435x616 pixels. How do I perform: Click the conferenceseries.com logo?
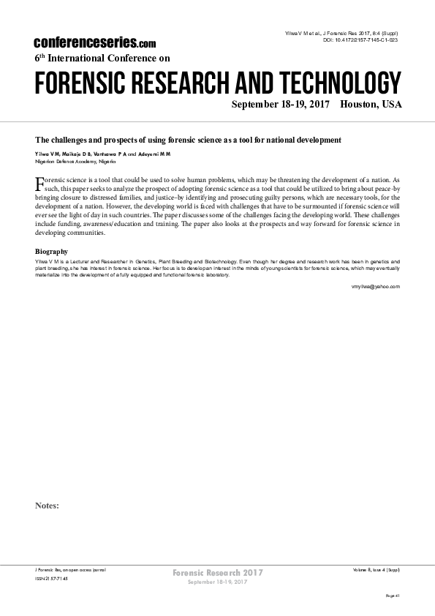click(x=94, y=43)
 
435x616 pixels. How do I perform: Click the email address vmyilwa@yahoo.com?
click(x=376, y=287)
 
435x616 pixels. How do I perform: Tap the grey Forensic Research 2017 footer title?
click(x=217, y=571)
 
